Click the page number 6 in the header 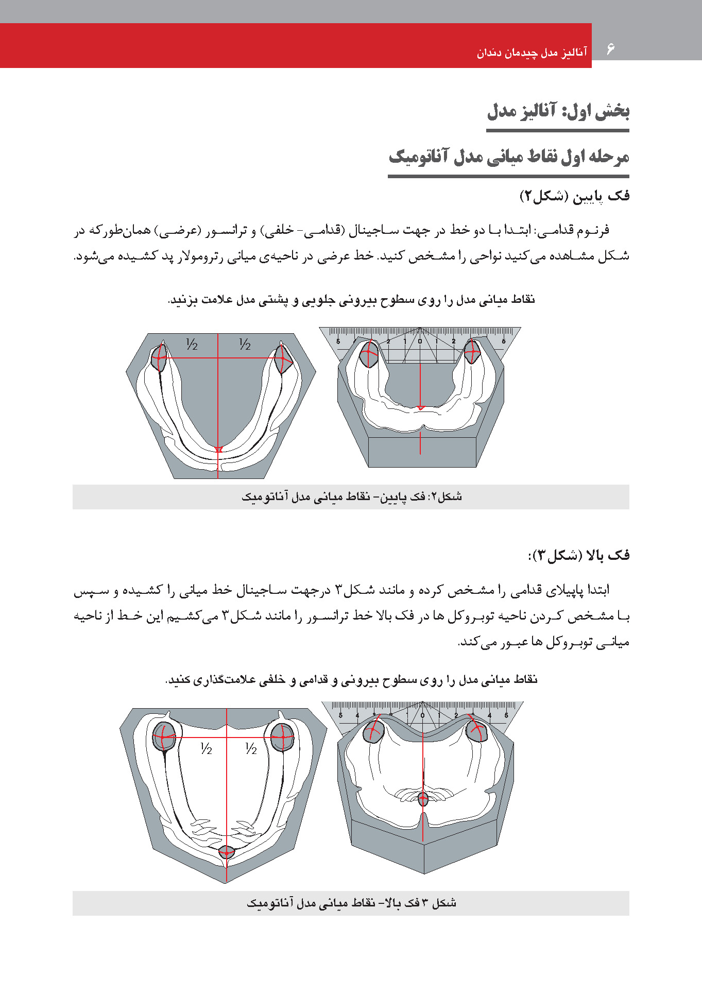[x=610, y=49]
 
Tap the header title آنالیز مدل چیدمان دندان [x=532, y=52]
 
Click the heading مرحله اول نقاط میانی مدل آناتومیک [x=509, y=157]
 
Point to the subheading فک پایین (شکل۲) [x=575, y=196]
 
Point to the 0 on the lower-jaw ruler [x=420, y=341]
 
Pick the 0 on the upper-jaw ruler [x=422, y=715]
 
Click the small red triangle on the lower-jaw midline [x=218, y=450]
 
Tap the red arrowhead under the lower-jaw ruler [x=420, y=408]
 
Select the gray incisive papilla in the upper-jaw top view [x=227, y=852]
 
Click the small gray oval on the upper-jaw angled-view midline [x=423, y=799]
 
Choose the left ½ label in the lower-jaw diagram [x=192, y=344]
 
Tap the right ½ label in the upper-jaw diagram [x=251, y=749]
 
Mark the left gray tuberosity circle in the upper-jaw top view [x=164, y=736]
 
